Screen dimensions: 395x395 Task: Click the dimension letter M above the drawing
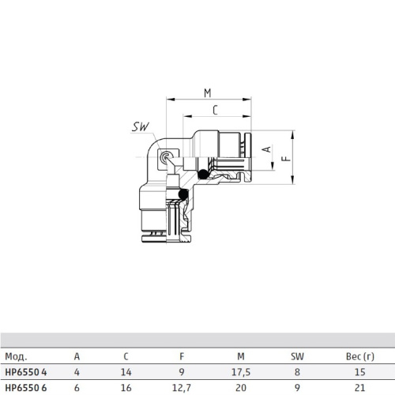(x=208, y=93)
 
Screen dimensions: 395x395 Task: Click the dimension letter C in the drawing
(x=215, y=110)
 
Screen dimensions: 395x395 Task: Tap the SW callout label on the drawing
(x=141, y=126)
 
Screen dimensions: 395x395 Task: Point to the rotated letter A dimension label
(x=267, y=149)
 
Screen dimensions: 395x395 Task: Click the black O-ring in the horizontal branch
(x=203, y=174)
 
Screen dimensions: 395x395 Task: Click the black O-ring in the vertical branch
(x=183, y=194)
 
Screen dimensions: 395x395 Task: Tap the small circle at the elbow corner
(x=166, y=157)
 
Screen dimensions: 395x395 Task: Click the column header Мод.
(x=16, y=356)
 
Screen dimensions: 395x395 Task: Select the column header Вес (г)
(x=360, y=356)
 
